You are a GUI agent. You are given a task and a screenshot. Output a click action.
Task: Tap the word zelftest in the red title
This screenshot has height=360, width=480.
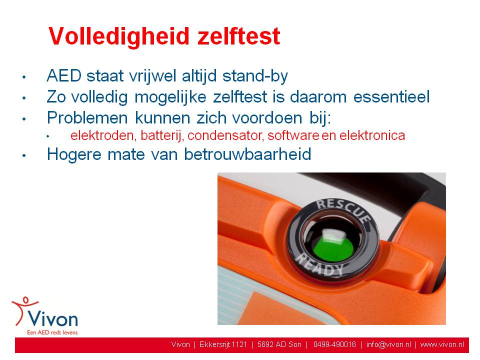click(239, 36)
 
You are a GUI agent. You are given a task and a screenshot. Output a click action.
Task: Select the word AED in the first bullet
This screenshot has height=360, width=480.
click(64, 75)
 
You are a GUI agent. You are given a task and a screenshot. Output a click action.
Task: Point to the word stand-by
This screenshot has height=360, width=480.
click(255, 76)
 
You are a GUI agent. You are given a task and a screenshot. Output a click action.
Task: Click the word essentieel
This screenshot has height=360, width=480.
click(391, 96)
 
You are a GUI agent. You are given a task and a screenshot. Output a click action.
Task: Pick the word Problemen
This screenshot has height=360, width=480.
click(87, 118)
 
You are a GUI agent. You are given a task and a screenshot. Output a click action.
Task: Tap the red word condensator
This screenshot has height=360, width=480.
click(225, 135)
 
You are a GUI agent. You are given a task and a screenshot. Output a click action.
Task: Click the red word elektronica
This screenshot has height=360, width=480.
click(372, 135)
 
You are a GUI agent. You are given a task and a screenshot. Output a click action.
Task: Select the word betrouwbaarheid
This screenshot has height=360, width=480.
click(247, 154)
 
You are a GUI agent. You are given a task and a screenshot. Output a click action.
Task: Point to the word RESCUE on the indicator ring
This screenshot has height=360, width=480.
click(343, 209)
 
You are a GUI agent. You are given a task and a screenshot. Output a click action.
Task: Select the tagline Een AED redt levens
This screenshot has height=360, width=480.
click(52, 332)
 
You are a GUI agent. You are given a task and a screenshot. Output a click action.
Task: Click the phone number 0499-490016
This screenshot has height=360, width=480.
click(334, 344)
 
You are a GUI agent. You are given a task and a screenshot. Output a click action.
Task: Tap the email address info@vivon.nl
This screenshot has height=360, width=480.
click(388, 344)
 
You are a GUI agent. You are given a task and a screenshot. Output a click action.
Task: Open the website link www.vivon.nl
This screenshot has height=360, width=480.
click(442, 344)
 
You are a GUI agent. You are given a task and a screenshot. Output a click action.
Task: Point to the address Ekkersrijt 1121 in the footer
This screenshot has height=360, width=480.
click(223, 344)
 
